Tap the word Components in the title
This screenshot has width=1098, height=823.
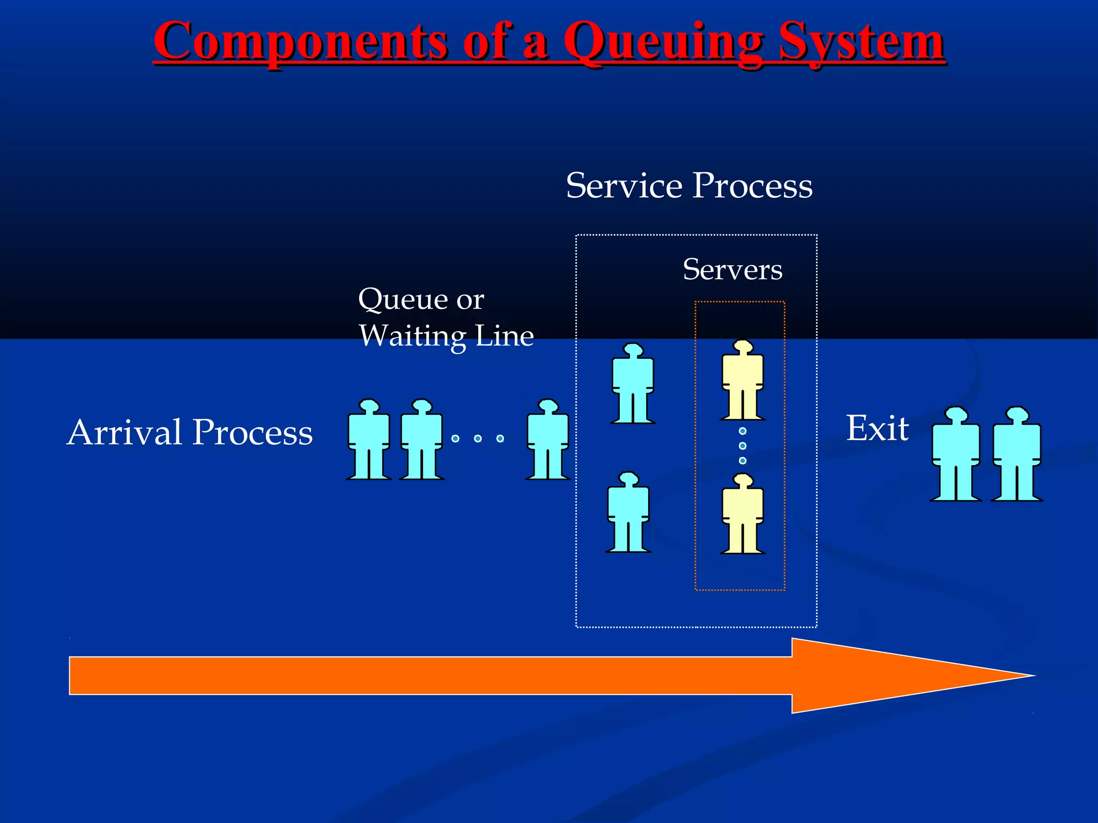point(301,43)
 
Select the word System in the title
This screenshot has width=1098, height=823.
point(861,43)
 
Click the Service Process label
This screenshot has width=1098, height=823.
point(689,186)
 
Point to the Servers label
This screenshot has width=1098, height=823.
point(732,270)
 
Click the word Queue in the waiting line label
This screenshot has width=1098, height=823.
point(402,299)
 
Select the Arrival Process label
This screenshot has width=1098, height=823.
point(190,432)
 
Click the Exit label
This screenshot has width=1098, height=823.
point(877,429)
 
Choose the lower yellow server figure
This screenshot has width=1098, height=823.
point(743,515)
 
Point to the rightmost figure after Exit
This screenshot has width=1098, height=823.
point(1017,455)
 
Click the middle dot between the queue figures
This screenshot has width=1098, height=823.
point(478,439)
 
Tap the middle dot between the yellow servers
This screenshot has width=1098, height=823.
point(743,446)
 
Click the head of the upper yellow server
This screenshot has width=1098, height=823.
point(743,347)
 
